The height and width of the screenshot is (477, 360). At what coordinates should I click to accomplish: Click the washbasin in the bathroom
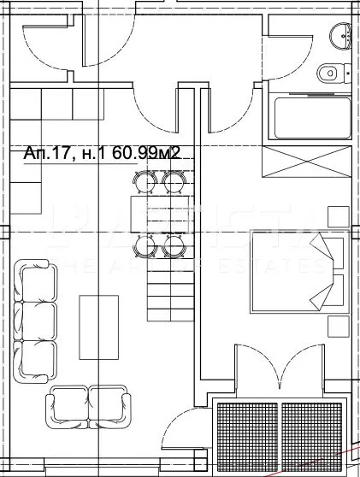[342, 35]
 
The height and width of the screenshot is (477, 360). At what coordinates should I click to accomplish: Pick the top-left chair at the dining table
[145, 180]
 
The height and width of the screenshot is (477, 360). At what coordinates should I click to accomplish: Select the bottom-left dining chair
[145, 247]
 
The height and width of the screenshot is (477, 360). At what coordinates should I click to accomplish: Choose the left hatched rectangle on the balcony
[244, 434]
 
